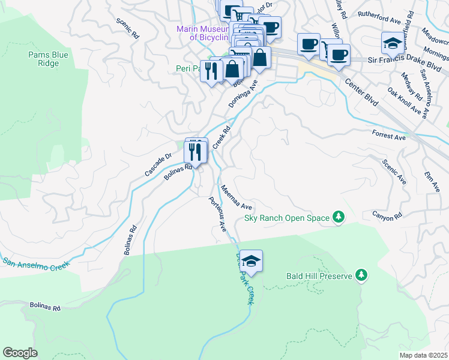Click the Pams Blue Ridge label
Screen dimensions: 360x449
tap(44, 59)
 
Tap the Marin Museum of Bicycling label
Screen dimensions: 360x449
tap(202, 33)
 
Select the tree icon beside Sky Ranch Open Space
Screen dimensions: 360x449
tap(339, 217)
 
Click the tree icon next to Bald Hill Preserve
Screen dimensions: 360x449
tap(361, 275)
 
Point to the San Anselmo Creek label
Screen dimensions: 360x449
tap(37, 262)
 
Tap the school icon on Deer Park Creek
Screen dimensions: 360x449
tap(252, 262)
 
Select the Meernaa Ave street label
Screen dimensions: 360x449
tap(235, 197)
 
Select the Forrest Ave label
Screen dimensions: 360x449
tap(388, 136)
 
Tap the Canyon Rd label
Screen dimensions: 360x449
tap(387, 217)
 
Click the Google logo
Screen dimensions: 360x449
tap(20, 353)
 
